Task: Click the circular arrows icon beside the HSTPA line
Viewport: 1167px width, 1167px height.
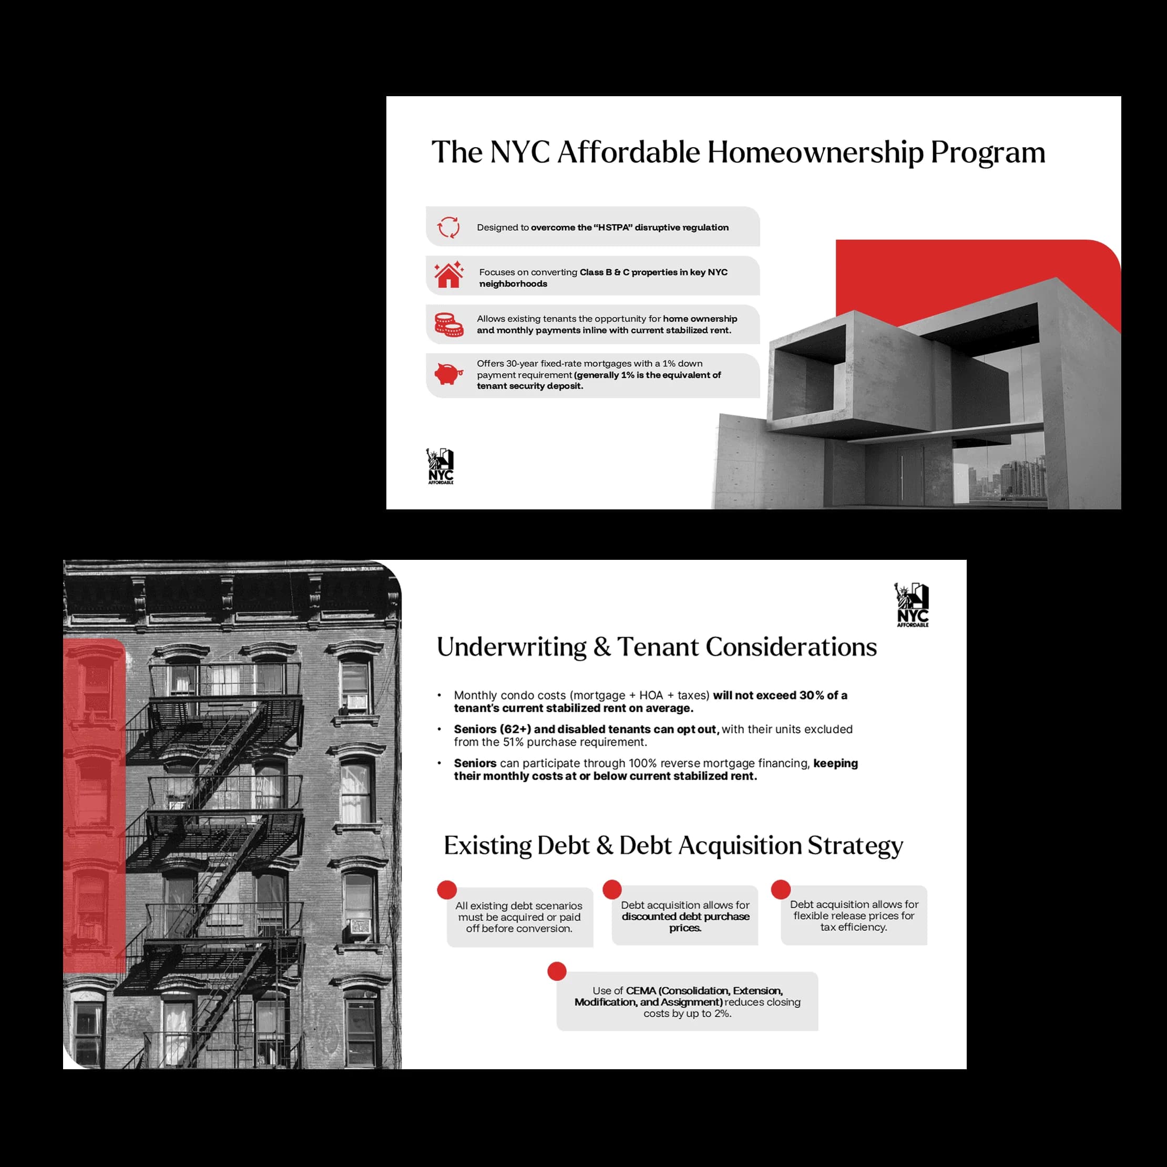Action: (x=448, y=227)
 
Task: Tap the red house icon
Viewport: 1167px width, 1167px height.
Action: (x=449, y=274)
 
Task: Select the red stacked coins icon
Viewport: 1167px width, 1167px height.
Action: (x=449, y=324)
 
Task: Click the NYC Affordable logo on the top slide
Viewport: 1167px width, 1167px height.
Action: (x=441, y=466)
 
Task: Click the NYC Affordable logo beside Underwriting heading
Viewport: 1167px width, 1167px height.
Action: (x=912, y=605)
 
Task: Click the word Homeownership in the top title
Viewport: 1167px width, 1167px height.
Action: (x=815, y=152)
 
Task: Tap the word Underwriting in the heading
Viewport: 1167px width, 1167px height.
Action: (x=511, y=648)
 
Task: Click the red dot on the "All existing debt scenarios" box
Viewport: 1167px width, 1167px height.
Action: (x=447, y=890)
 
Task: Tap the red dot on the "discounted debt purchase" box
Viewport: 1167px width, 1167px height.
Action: (x=612, y=889)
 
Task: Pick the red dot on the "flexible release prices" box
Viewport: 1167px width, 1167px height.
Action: (x=781, y=889)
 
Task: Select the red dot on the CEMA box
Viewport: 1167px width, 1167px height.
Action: (x=557, y=971)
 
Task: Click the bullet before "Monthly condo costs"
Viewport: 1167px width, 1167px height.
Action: (x=440, y=695)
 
